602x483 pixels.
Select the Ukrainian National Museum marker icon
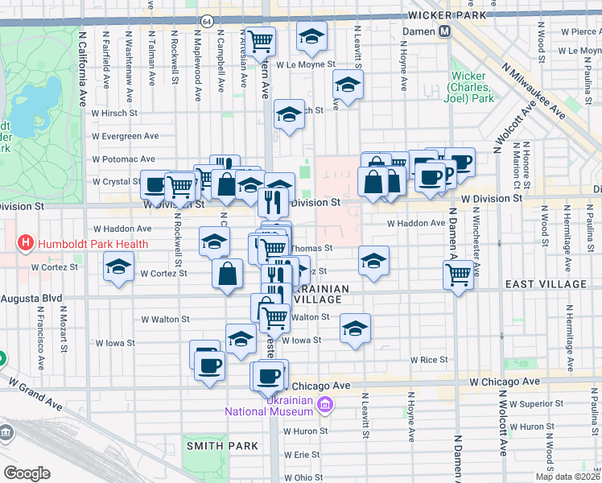point(325,403)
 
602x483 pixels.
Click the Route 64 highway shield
point(208,21)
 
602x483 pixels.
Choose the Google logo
point(27,473)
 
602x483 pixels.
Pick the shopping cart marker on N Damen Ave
point(458,275)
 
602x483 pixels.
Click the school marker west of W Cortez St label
point(119,267)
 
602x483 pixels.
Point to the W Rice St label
point(428,359)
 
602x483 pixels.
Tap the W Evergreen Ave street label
point(126,136)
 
